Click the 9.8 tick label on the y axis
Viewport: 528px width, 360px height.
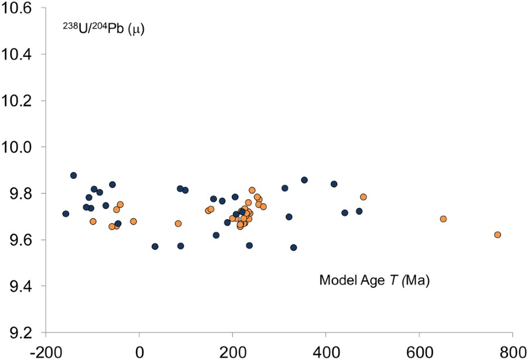click(x=21, y=193)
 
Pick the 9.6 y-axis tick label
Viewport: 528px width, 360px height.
click(x=21, y=240)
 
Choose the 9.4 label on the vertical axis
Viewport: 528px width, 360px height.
click(x=21, y=286)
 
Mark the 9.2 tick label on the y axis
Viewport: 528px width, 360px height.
click(x=21, y=332)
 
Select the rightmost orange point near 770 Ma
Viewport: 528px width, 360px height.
click(x=497, y=235)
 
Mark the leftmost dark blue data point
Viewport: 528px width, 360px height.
click(x=66, y=213)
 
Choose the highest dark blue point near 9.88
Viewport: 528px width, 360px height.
click(x=73, y=175)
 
